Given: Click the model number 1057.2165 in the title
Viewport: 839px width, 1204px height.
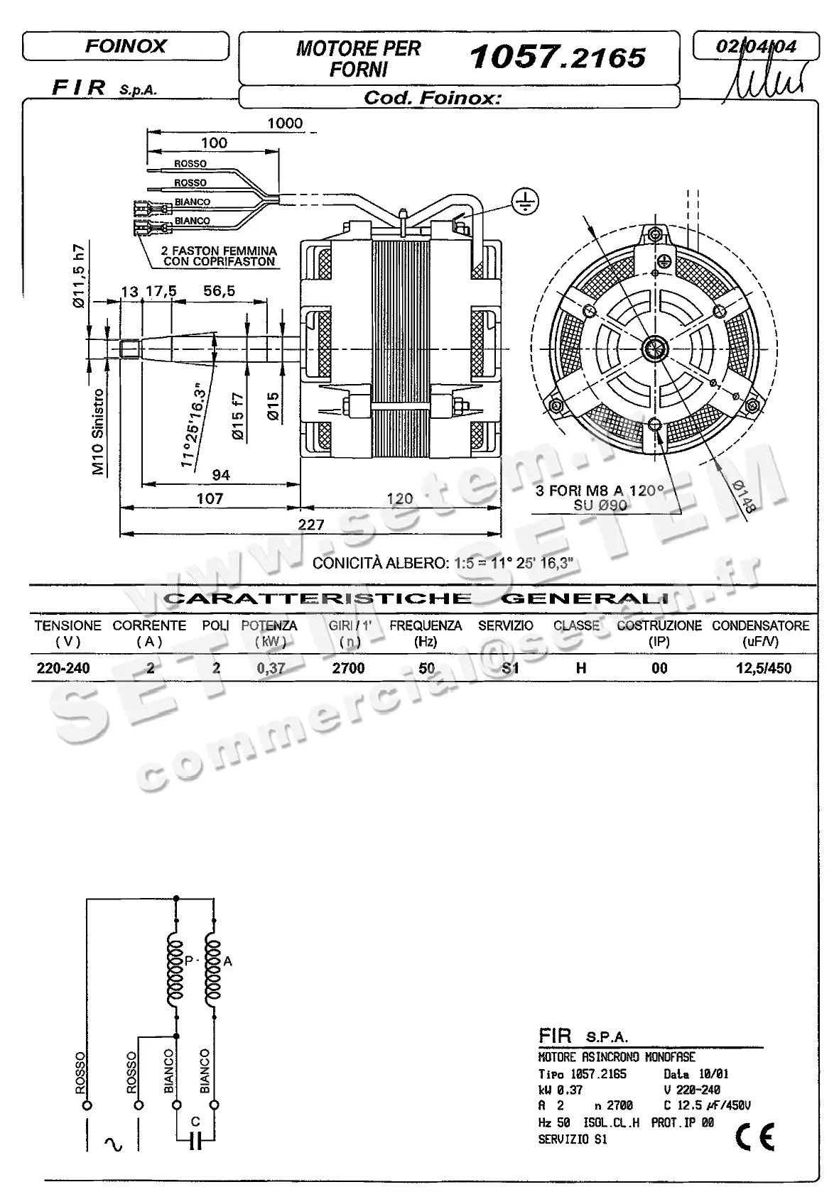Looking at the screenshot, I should click(x=558, y=58).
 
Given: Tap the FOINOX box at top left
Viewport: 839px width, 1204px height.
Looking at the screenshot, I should click(x=126, y=47).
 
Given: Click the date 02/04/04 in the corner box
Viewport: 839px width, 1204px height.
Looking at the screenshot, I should click(x=756, y=47).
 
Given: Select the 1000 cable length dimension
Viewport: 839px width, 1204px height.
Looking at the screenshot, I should click(x=285, y=124).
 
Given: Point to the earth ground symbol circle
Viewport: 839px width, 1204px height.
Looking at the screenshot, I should click(x=526, y=202).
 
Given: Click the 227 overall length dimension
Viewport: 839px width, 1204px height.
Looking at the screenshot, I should click(x=311, y=525).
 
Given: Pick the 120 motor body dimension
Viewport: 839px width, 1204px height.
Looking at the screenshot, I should click(x=400, y=498).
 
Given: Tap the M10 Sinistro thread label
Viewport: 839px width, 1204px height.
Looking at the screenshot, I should click(x=99, y=431).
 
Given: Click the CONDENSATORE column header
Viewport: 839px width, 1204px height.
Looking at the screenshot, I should click(x=760, y=625).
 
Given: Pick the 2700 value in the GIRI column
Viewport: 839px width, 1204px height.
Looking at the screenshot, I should click(x=348, y=668).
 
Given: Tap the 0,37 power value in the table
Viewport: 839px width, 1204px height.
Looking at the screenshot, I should click(x=270, y=668).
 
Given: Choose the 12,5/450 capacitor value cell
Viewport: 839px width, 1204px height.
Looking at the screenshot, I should click(x=764, y=668).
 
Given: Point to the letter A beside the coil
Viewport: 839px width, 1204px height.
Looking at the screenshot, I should click(x=227, y=962).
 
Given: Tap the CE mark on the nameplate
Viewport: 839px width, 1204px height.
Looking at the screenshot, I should click(x=754, y=1137).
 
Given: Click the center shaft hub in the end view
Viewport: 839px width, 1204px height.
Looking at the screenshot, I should click(x=654, y=349).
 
